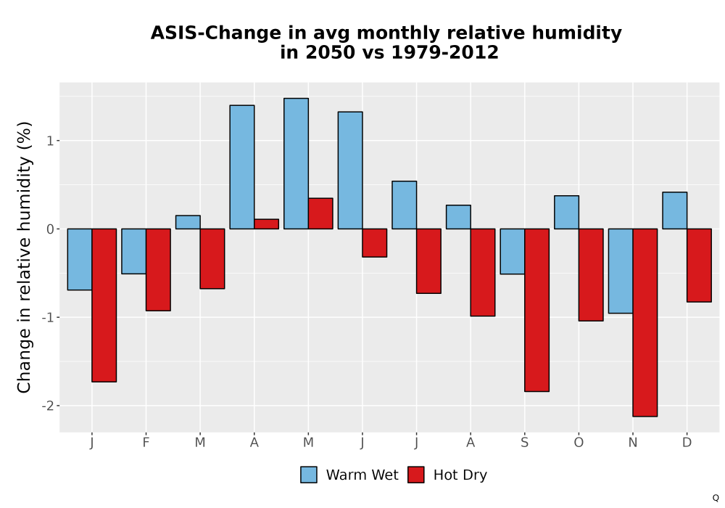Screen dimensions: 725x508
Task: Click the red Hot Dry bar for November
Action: coord(645,322)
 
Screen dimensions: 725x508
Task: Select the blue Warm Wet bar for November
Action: coord(621,271)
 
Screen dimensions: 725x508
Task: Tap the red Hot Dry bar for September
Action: coord(536,310)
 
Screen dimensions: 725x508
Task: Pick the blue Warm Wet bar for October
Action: coord(566,213)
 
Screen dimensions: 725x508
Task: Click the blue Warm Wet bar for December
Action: coord(674,210)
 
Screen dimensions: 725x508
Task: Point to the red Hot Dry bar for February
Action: coord(158,270)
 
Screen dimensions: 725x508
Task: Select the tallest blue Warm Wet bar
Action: coord(296,164)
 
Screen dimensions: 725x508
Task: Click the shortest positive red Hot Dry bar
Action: coord(266,224)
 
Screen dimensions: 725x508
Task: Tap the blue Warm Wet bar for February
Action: coord(133,251)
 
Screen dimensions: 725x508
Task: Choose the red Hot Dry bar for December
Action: coord(699,265)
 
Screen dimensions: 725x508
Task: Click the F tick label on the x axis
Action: coord(146,443)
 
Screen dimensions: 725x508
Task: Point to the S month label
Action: coord(524,443)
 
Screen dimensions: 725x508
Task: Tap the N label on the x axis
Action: coord(633,443)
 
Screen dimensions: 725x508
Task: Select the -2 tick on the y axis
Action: coord(48,406)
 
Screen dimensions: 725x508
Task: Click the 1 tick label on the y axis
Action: coord(51,141)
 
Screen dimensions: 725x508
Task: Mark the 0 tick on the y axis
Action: coord(50,229)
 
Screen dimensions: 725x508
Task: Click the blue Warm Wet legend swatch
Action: coord(309,475)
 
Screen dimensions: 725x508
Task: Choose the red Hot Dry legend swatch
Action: coord(416,475)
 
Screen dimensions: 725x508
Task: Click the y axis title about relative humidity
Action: coord(24,257)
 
